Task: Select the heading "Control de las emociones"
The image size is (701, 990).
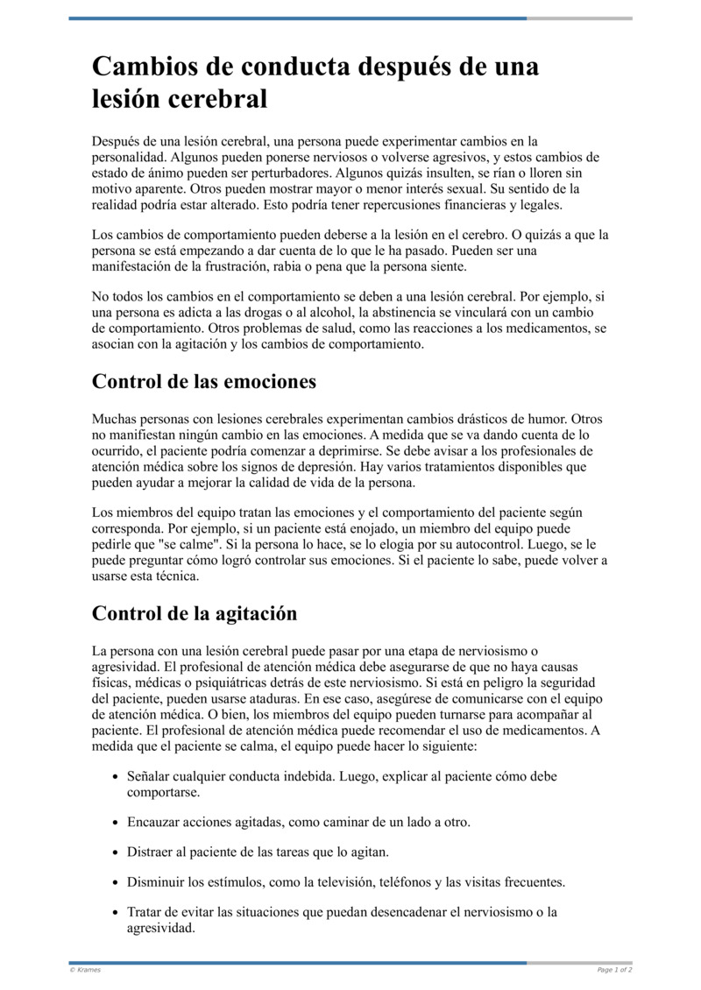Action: point(203,382)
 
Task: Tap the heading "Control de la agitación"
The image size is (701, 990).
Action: point(195,613)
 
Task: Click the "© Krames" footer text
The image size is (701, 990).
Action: point(85,970)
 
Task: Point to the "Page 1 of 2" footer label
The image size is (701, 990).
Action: point(614,970)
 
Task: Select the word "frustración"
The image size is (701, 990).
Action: point(244,266)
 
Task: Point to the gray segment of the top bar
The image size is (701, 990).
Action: point(579,18)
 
